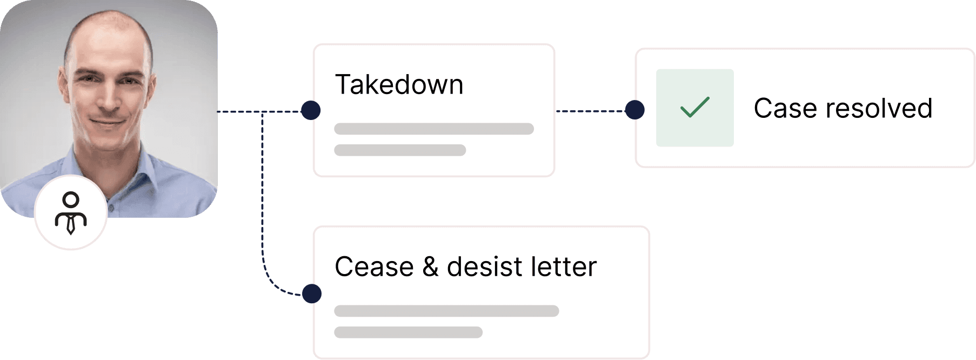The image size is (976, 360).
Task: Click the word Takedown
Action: tap(399, 85)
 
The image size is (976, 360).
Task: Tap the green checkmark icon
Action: tap(695, 107)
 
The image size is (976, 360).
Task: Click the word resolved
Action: tap(879, 108)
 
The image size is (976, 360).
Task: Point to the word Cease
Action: tap(374, 267)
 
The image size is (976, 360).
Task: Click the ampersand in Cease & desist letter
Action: tap(431, 267)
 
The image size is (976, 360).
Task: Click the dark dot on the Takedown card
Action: tap(311, 110)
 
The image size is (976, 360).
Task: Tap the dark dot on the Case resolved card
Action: tap(634, 110)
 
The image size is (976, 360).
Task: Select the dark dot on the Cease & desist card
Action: tap(312, 294)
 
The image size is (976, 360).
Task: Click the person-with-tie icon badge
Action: tap(71, 212)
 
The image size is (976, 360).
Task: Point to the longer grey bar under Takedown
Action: tap(434, 129)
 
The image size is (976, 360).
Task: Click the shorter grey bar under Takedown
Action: tap(400, 150)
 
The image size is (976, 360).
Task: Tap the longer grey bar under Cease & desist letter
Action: tap(446, 311)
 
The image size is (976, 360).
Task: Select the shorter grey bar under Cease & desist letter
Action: tap(408, 332)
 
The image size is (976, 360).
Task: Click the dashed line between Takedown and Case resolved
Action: tap(591, 111)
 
